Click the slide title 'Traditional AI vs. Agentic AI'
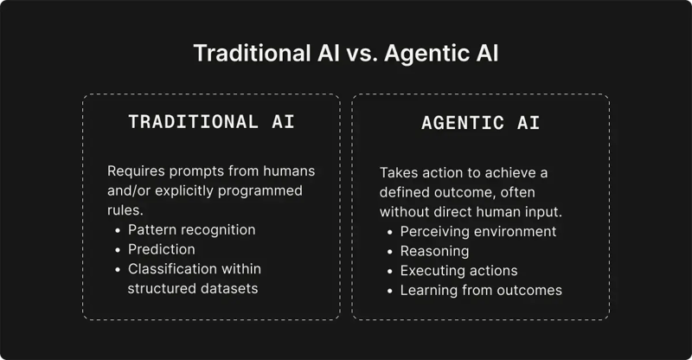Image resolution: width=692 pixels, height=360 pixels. tap(346, 53)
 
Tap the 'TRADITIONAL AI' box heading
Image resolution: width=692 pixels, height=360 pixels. tap(211, 122)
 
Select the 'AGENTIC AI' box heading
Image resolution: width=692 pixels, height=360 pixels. tap(480, 123)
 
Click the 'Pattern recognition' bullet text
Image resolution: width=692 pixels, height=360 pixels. tap(191, 229)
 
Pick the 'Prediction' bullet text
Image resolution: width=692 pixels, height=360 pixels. tap(162, 249)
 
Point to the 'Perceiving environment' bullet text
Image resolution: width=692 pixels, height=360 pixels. tap(477, 231)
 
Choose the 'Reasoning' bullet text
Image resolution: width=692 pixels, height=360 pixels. tap(434, 251)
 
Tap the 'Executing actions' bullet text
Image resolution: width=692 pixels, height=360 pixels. tap(458, 271)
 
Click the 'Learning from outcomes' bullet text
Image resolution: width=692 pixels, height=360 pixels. tap(481, 291)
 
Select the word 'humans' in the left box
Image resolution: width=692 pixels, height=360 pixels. tap(290, 170)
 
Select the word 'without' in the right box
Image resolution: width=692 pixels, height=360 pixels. tap(405, 212)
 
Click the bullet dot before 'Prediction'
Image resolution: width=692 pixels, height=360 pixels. tap(118, 249)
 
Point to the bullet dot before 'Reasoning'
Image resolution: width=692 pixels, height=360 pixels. tap(390, 251)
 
